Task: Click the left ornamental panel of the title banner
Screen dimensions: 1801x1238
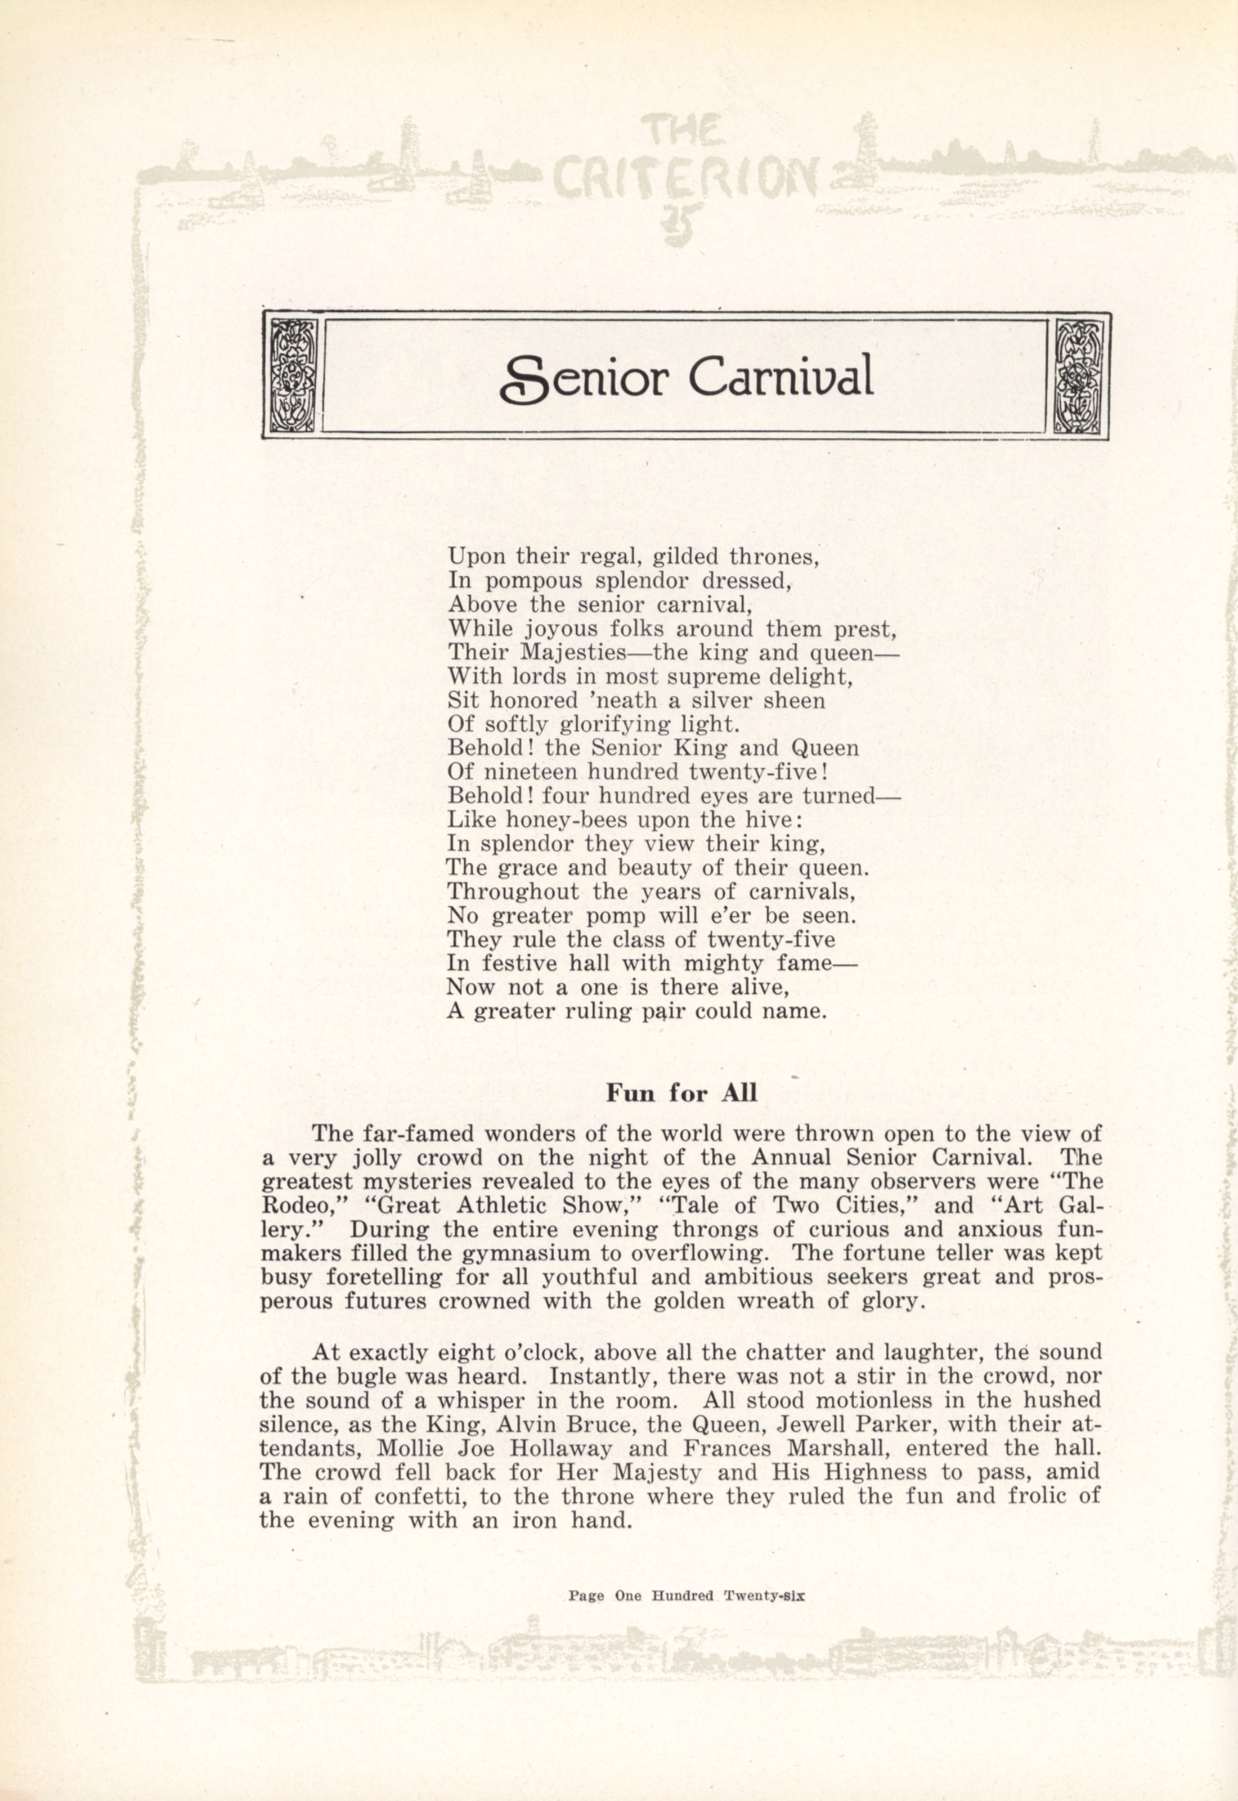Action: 293,375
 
